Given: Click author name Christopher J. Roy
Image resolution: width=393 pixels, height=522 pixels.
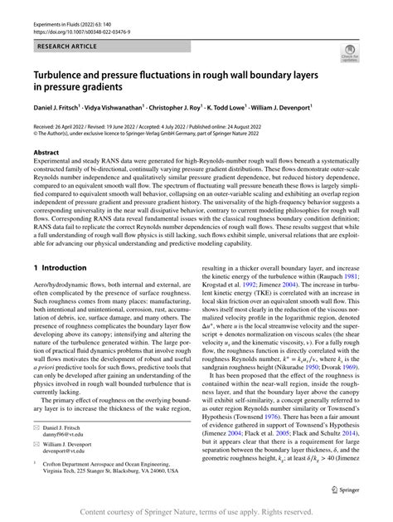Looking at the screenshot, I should coord(197,106).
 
